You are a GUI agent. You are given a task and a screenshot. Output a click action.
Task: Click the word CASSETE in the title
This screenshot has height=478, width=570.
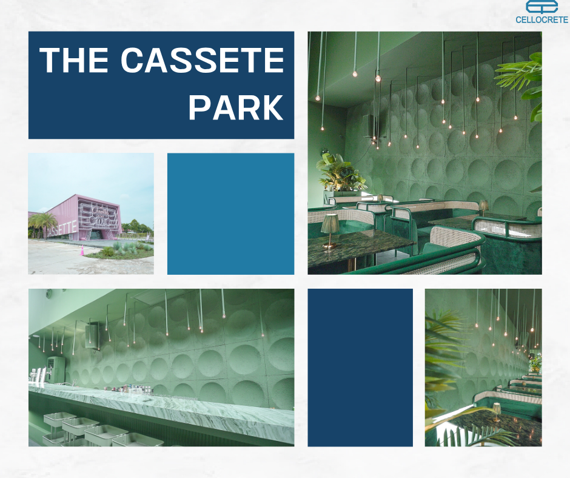(x=202, y=60)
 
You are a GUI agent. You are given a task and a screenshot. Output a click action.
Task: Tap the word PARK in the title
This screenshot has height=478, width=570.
(x=236, y=107)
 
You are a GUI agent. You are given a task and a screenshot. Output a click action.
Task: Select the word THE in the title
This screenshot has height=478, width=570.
(x=74, y=60)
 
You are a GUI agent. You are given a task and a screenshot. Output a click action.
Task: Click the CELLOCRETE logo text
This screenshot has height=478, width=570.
(x=541, y=19)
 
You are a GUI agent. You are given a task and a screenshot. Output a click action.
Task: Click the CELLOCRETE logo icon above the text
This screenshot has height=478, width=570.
(x=541, y=7)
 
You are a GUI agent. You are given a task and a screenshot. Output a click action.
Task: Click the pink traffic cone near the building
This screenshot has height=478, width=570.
(x=82, y=251)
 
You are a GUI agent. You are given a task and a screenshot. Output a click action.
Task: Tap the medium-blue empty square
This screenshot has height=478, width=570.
(x=230, y=214)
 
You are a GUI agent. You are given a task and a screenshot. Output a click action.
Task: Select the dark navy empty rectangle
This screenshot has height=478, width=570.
(x=360, y=368)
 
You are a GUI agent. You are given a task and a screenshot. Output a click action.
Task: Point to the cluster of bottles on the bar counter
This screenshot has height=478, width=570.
(x=130, y=389)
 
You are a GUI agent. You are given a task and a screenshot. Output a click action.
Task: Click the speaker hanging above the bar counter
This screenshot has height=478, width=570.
(x=93, y=335)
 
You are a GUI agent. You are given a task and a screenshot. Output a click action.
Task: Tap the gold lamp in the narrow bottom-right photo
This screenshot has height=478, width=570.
(x=496, y=412)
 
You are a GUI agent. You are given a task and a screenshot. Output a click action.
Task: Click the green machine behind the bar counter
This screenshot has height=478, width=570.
(x=56, y=369)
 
